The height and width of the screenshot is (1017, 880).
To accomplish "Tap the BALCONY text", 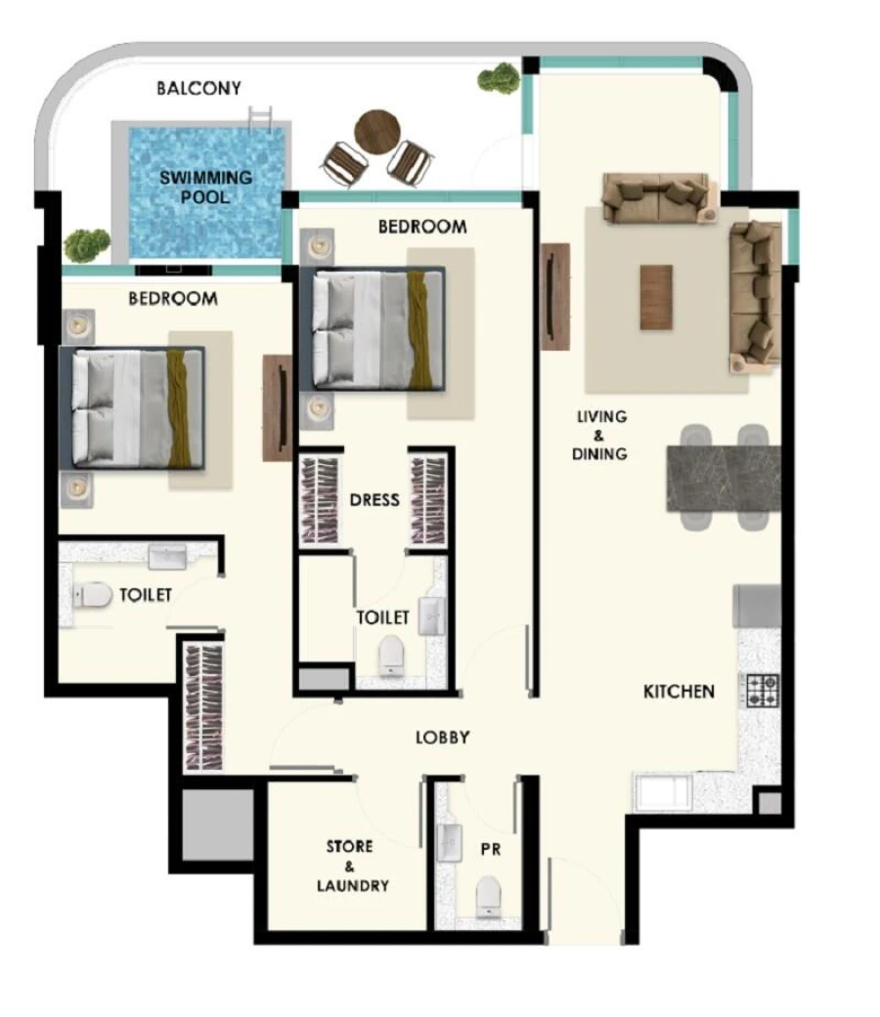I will (198, 89).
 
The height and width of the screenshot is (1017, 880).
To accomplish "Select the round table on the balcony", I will (377, 129).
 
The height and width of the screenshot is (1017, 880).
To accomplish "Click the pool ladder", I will (260, 120).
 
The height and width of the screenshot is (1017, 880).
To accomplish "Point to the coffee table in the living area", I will (656, 297).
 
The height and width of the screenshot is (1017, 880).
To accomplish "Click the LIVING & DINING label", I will (601, 435).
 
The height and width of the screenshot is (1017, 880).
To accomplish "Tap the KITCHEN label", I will (679, 692).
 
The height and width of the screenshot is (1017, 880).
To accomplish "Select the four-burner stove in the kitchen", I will (763, 691).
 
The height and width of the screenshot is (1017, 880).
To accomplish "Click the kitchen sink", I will (664, 791).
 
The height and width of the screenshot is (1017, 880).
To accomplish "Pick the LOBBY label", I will (443, 738).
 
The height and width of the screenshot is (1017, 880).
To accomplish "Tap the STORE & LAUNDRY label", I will (352, 866).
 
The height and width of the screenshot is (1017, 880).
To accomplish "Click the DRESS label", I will (374, 500).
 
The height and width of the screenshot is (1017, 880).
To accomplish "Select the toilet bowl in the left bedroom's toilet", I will (95, 595).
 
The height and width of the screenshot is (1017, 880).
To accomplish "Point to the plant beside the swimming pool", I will (87, 244).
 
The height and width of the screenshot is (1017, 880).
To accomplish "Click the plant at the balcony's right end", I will (500, 78).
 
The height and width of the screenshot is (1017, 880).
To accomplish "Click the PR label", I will (491, 850).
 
